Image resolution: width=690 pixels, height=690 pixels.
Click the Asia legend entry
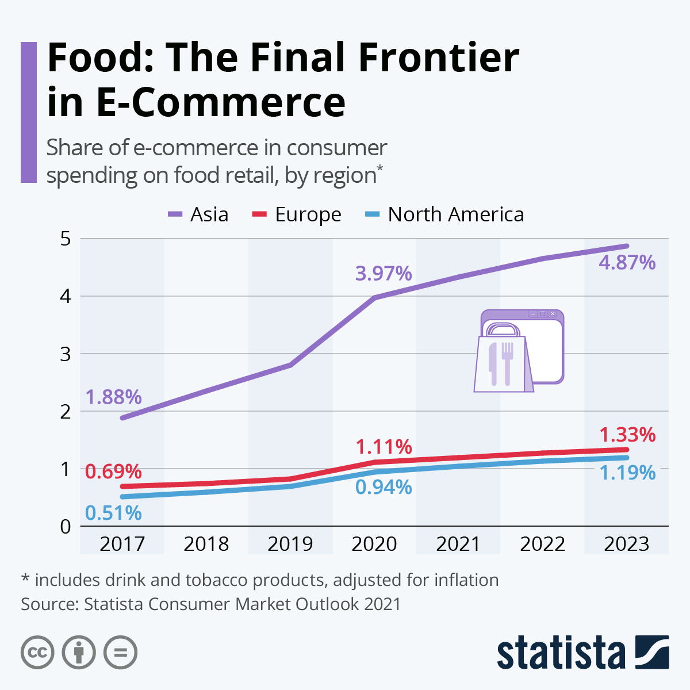click(198, 214)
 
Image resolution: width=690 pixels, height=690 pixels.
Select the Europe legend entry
click(297, 214)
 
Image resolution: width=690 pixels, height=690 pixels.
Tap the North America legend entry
click(444, 214)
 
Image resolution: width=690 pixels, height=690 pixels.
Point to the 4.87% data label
click(627, 263)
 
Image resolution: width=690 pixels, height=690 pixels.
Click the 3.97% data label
click(384, 273)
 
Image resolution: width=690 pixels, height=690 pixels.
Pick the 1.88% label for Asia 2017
click(114, 397)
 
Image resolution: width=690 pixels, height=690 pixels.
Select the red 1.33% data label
click(627, 435)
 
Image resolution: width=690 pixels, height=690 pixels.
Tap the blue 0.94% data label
click(384, 487)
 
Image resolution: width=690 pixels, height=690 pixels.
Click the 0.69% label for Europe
click(113, 471)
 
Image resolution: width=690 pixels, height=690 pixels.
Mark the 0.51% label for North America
click(113, 512)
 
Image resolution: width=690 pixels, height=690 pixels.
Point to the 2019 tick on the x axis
click(290, 543)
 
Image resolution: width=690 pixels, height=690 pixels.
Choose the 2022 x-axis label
click(542, 543)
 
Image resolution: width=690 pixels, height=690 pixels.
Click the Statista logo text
click(561, 653)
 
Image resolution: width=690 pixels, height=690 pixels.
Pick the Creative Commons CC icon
click(37, 653)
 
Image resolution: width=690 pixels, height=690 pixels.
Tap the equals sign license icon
click(120, 653)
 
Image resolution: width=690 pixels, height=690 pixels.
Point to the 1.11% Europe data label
click(384, 446)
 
